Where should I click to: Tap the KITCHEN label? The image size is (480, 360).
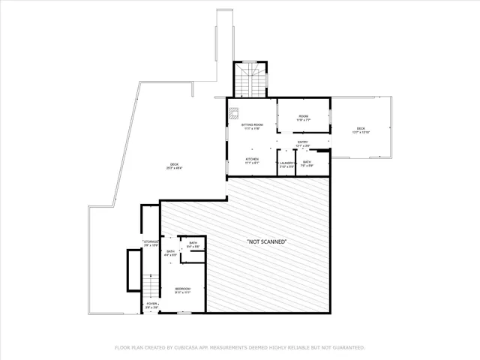[252, 160]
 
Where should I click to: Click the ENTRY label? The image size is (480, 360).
[302, 142]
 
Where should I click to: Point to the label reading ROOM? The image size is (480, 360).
[303, 116]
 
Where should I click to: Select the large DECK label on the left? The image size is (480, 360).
[174, 166]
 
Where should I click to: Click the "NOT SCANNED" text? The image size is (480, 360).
[267, 241]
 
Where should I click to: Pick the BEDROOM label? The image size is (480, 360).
[183, 289]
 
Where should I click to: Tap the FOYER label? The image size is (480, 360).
[151, 305]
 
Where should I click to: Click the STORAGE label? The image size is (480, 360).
[151, 242]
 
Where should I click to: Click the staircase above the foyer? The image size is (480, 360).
[151, 285]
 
